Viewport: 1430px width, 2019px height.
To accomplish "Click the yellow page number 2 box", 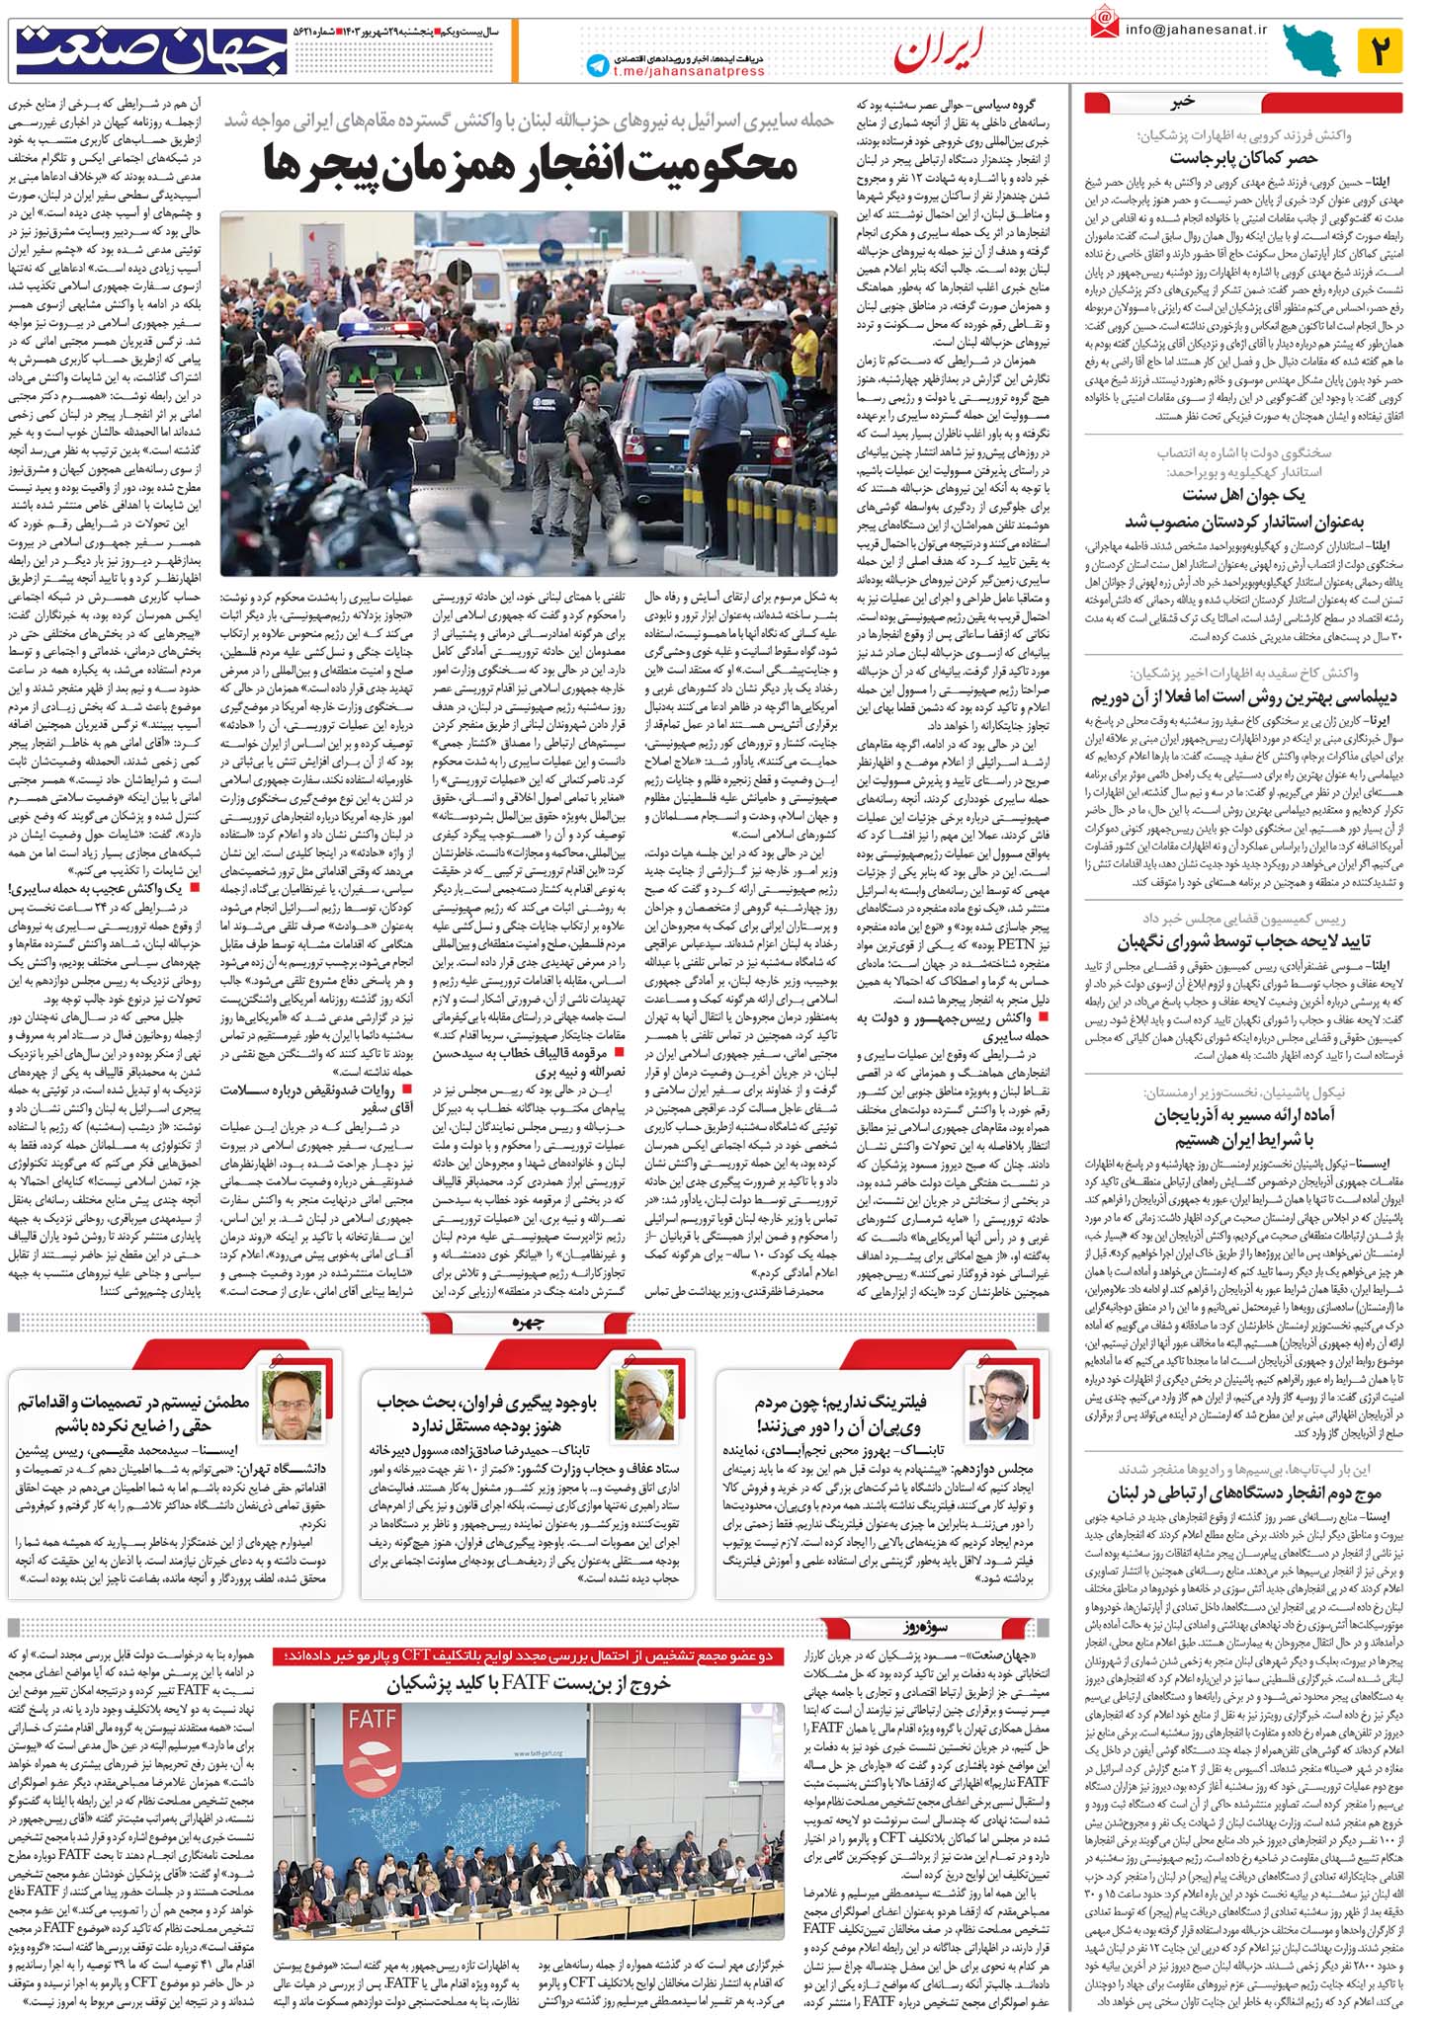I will [x=1380, y=50].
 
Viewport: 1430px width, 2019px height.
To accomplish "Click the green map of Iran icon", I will [x=1311, y=50].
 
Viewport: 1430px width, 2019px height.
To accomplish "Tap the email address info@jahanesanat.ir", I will [x=1195, y=29].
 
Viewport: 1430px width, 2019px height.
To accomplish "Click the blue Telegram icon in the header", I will [x=597, y=65].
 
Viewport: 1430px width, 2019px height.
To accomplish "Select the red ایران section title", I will [x=940, y=51].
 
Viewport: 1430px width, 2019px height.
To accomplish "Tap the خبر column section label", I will [x=1183, y=102].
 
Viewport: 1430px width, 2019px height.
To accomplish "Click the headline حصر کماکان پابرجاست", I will [x=1243, y=158].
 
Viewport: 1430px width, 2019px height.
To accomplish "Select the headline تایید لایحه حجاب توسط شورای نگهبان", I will [x=1243, y=941].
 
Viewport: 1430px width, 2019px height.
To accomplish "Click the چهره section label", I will [x=529, y=1324].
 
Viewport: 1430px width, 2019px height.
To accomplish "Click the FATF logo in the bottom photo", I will [x=373, y=1720].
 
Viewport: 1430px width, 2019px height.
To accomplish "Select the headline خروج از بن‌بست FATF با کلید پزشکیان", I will [x=529, y=1683].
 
